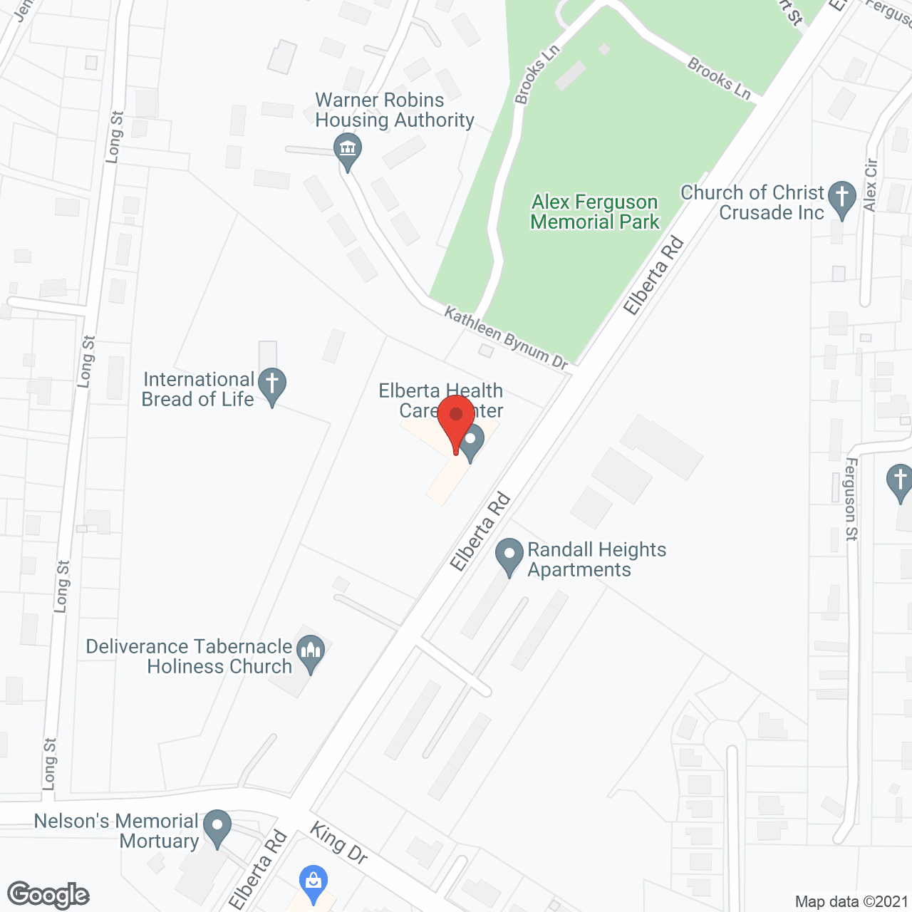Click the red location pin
(x=456, y=420)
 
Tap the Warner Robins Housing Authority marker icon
(x=348, y=151)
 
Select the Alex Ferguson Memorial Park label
(x=595, y=212)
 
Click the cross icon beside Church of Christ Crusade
(x=842, y=198)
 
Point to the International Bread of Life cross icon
(x=271, y=385)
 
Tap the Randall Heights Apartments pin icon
(x=509, y=555)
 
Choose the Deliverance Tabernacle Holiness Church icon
(x=310, y=652)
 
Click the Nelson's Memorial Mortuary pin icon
(x=217, y=827)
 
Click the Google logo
(x=48, y=895)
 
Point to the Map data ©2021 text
(x=851, y=901)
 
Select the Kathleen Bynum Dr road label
(x=506, y=338)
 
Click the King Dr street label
(x=339, y=842)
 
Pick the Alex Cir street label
(x=870, y=185)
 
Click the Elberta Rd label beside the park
(x=653, y=276)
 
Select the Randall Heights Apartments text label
(x=596, y=559)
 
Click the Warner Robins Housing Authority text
(x=394, y=110)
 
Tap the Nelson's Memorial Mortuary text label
(x=116, y=831)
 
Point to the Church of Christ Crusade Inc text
(x=752, y=202)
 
